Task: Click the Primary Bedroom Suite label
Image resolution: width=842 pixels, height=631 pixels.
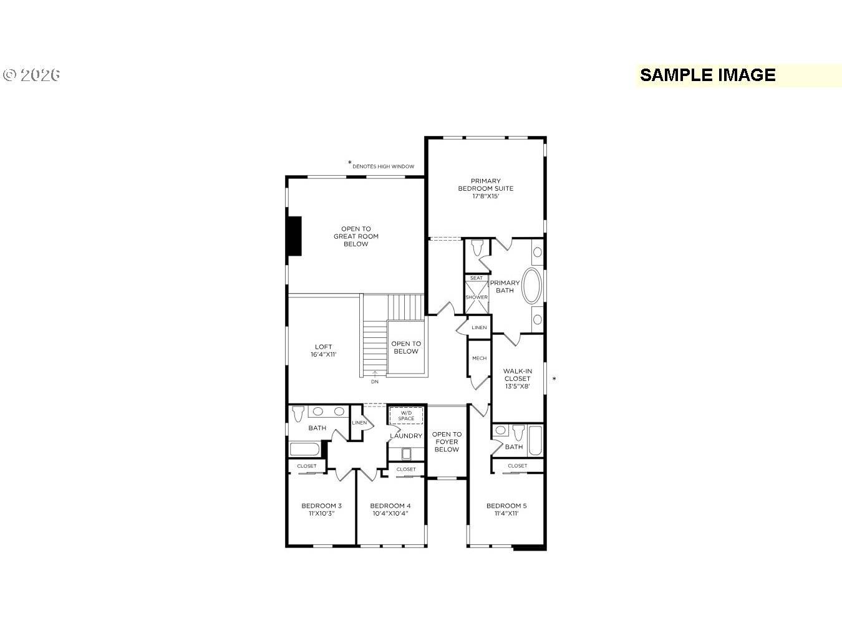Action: pos(485,188)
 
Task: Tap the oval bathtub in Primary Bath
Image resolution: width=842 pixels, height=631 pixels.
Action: pos(532,286)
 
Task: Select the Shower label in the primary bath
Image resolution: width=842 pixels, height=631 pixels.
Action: pos(477,297)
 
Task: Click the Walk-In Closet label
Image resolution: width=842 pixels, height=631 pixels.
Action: pos(517,378)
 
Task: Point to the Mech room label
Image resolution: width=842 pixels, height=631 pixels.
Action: pos(479,359)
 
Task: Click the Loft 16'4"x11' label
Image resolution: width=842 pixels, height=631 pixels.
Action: pos(323,350)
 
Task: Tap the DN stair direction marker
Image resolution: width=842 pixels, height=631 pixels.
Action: pos(374,381)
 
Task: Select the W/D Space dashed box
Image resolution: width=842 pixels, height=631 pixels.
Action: pos(406,415)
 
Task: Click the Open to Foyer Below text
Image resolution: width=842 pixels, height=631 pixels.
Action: pos(447,441)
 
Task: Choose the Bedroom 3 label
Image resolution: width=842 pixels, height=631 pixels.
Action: pos(321,509)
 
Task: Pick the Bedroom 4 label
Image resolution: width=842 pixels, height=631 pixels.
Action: pos(390,509)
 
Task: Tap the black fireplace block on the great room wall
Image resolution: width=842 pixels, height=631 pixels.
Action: pos(294,236)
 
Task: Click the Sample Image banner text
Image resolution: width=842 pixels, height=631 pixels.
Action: pos(707,75)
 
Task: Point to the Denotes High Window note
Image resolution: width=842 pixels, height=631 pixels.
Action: pos(382,166)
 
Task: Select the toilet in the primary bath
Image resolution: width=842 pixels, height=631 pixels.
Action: pos(478,248)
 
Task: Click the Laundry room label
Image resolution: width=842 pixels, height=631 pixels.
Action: pos(406,436)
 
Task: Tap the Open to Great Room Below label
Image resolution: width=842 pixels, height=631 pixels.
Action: pos(356,236)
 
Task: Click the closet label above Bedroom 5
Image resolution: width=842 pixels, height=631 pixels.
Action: pos(517,466)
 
